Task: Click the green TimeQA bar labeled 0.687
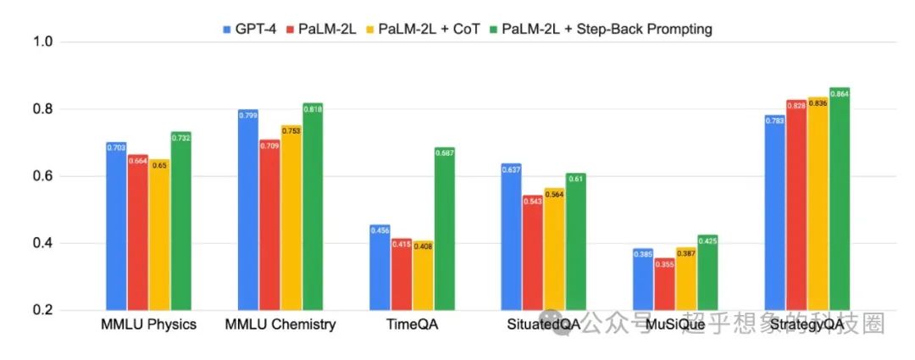click(x=445, y=229)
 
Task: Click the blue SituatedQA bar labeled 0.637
click(x=511, y=237)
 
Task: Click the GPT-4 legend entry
click(x=249, y=30)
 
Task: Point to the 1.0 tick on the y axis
click(x=43, y=42)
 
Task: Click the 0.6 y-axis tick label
click(x=43, y=176)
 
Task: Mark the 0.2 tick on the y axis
click(x=43, y=310)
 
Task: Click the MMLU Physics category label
click(x=148, y=324)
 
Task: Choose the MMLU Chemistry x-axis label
click(x=280, y=324)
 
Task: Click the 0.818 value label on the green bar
click(x=313, y=109)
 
